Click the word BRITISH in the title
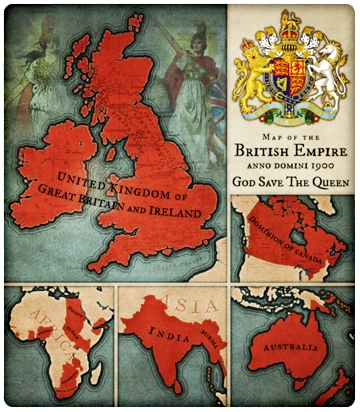coord(263,151)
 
